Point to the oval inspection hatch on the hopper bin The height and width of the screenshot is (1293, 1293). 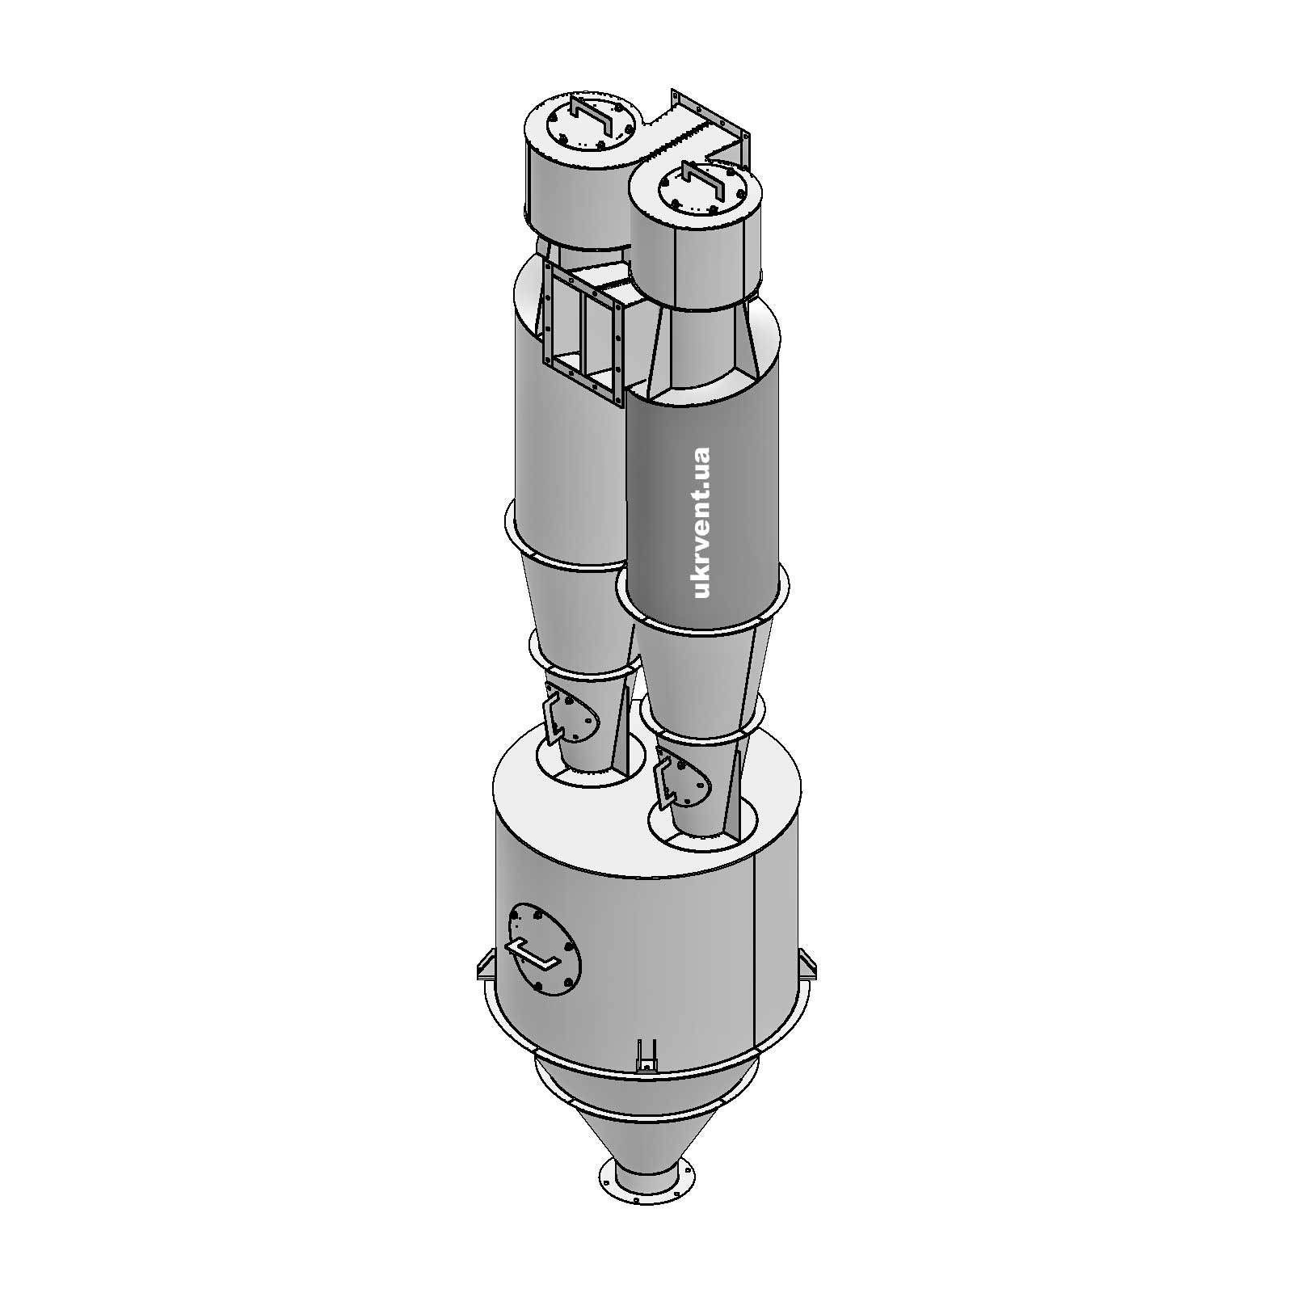(545, 949)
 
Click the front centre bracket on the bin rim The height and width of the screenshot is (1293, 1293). (646, 1055)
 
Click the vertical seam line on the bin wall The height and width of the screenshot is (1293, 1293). (753, 954)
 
